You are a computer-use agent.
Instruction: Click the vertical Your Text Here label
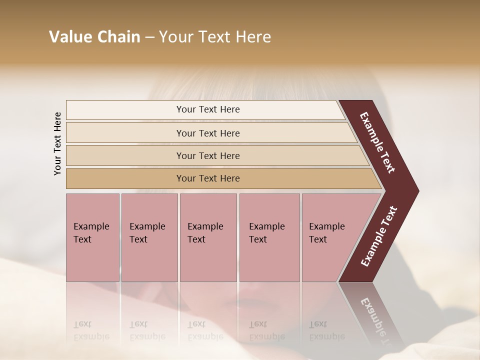coord(57,143)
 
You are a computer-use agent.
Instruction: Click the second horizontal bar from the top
coord(207,133)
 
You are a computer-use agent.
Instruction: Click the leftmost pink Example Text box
coord(92,237)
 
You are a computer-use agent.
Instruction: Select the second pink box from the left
coord(149,237)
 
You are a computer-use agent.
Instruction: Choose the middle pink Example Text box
coord(208,237)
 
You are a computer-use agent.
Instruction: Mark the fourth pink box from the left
coord(269,237)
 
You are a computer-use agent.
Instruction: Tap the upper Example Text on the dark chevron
coord(377,142)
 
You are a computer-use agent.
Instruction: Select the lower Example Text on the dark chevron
coord(379,236)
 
